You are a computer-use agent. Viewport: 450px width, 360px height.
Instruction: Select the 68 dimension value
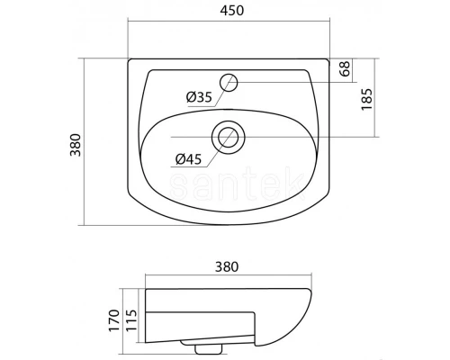[x=344, y=69]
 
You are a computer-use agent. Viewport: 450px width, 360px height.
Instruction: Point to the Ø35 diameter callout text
[x=199, y=96]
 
